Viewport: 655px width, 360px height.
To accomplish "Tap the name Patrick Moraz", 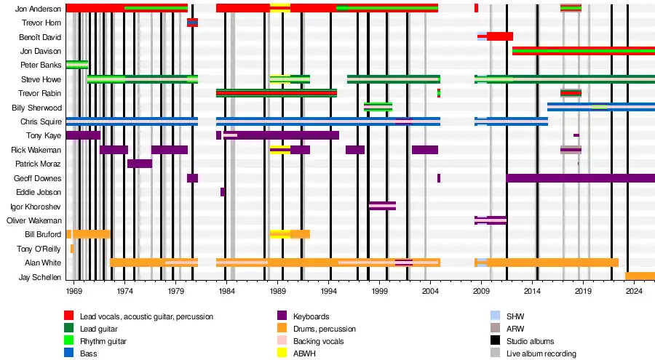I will click(x=39, y=164).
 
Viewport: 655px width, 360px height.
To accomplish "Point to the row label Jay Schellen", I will click(x=41, y=277).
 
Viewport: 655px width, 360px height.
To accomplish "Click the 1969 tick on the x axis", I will click(x=74, y=291).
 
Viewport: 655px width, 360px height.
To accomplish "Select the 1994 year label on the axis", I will click(x=329, y=291).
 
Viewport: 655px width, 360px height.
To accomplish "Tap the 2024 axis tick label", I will click(x=635, y=291).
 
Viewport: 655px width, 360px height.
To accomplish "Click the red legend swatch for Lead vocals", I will click(x=69, y=316).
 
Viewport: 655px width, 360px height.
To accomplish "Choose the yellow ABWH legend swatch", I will click(x=282, y=353).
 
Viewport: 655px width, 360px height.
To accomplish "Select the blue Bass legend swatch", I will click(x=69, y=353).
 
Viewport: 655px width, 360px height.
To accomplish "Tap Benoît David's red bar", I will click(x=499, y=36).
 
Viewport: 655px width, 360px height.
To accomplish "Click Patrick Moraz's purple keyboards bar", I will click(x=139, y=164).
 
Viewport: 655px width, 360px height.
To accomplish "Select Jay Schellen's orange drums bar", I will click(x=640, y=276).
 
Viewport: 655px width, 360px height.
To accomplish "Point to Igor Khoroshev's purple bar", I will click(x=382, y=206).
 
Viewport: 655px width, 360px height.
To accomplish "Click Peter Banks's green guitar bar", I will click(x=76, y=65).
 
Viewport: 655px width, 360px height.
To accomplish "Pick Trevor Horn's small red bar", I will click(x=192, y=23).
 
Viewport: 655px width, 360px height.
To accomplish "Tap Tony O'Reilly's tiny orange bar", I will click(x=71, y=249).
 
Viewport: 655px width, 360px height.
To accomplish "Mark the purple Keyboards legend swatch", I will click(x=282, y=316).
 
